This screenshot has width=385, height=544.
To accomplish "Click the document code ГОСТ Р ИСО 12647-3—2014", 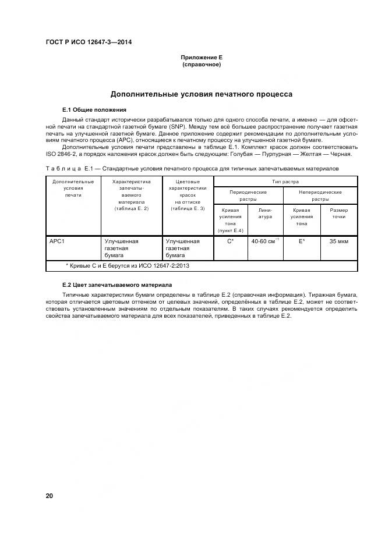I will pos(89,42).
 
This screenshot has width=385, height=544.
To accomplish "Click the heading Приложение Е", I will pos(202,58).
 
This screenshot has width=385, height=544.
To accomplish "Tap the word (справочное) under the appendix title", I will pos(202,65).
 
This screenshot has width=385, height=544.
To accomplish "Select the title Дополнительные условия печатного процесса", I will pos(202,94).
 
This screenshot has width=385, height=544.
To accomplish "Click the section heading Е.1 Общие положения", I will pos(94,109).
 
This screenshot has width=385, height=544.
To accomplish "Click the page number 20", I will pos(50,496).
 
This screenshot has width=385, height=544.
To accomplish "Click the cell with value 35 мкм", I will pos(338,241).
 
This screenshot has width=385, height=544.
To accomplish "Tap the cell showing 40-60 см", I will pos(266,241).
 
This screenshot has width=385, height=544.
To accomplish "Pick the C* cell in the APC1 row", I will pos(231,241).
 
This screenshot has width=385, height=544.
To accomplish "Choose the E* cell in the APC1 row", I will pos(302,241).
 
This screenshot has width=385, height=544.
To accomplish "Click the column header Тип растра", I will pos(285,182).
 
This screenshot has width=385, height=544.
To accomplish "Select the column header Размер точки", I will pos(338,214).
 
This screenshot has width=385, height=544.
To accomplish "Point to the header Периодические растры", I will pos(248,195).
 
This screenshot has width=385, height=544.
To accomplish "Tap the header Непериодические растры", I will pos(320,195).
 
